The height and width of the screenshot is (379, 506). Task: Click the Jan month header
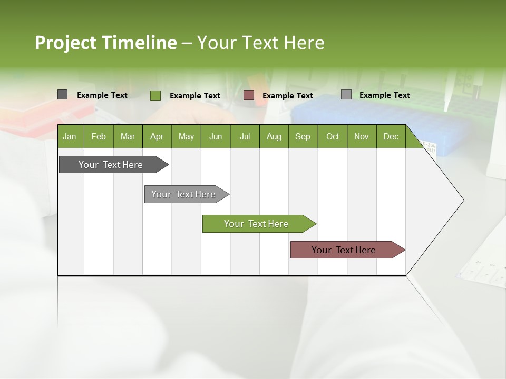70,136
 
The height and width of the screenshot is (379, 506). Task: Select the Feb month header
99,136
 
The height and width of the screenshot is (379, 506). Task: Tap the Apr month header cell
157,136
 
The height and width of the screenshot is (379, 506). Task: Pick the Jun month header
216,136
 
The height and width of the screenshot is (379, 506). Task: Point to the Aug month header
274,136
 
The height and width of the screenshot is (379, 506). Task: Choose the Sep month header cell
303,136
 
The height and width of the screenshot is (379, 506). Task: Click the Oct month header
333,136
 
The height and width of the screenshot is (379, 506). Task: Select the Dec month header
391,136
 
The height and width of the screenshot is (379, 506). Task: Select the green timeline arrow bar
257,224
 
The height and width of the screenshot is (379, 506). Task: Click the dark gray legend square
62,95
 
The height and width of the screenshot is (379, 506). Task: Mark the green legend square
155,95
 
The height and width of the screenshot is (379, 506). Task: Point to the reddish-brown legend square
249,95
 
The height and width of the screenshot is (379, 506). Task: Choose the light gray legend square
346,95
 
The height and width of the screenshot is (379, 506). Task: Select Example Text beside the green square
195,96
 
